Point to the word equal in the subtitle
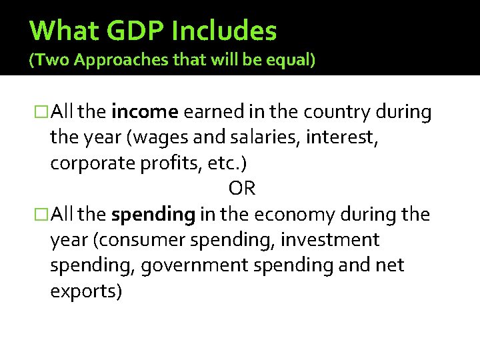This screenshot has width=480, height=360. click(x=289, y=61)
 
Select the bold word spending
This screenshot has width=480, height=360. click(x=153, y=215)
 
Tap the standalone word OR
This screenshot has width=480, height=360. click(x=241, y=189)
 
